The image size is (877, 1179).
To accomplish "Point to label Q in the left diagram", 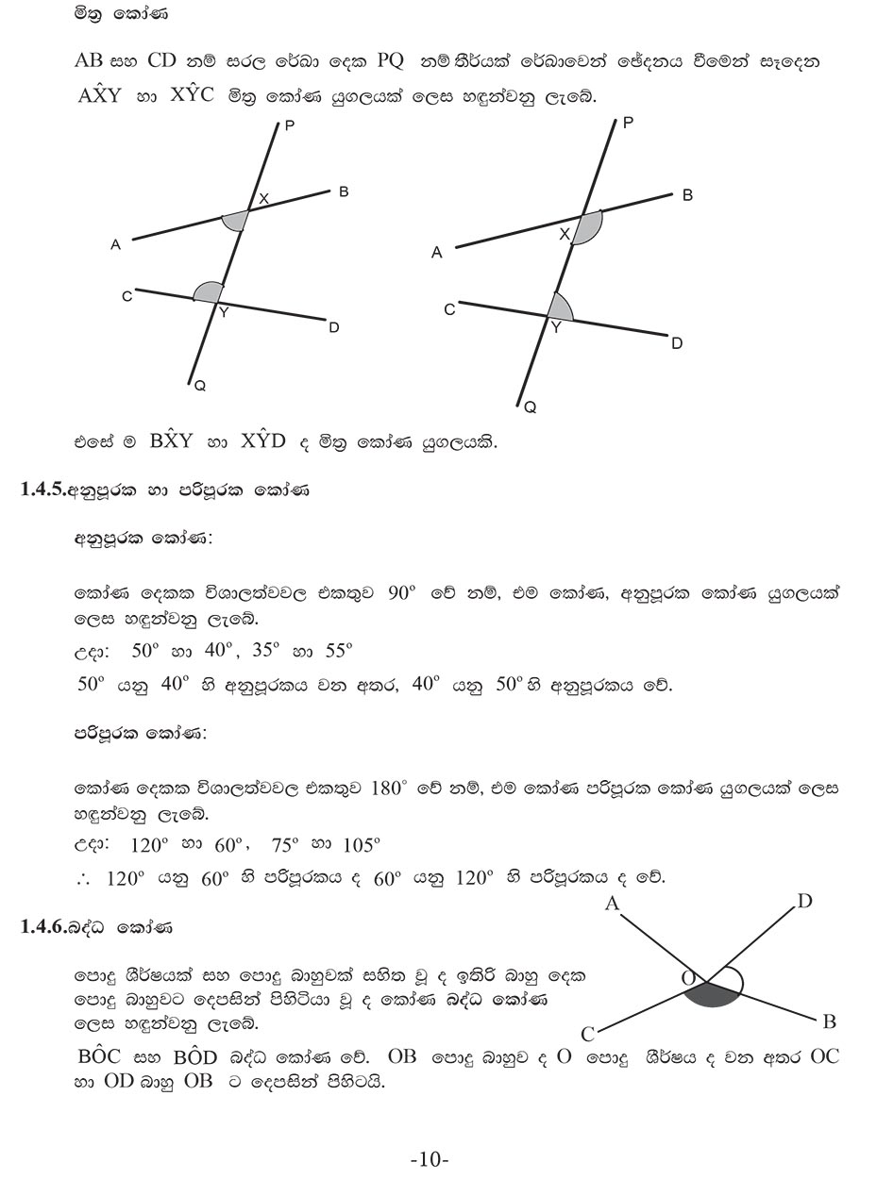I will pyautogui.click(x=199, y=386).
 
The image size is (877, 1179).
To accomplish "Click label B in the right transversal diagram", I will pyautogui.click(x=687, y=195).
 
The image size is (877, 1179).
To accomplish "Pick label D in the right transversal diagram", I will pyautogui.click(x=677, y=344).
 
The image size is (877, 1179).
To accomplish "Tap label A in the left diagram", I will pyautogui.click(x=115, y=245).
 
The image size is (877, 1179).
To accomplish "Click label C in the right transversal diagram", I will pyautogui.click(x=449, y=309).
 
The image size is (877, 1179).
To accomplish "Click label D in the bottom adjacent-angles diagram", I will pyautogui.click(x=804, y=902).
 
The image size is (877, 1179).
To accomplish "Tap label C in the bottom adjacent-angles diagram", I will pyautogui.click(x=587, y=1035).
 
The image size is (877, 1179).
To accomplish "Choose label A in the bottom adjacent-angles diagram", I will pyautogui.click(x=612, y=905).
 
